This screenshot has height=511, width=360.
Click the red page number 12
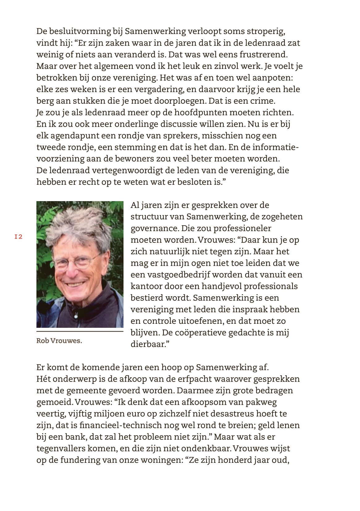click(19, 237)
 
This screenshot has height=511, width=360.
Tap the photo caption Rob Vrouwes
click(59, 341)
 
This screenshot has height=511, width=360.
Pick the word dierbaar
click(148, 344)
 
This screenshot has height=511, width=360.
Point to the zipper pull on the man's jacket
click(76, 315)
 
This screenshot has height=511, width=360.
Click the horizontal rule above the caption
click(80, 332)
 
